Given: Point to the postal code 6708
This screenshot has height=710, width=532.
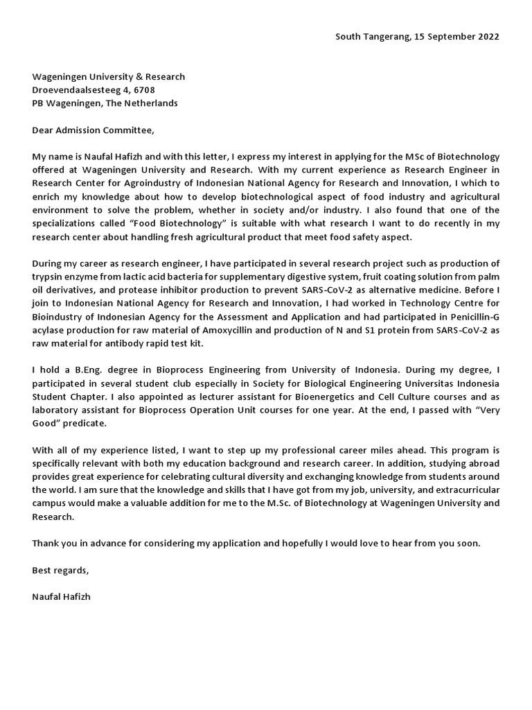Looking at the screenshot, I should [x=143, y=90].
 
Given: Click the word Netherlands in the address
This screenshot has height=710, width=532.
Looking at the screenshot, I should [x=154, y=103].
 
